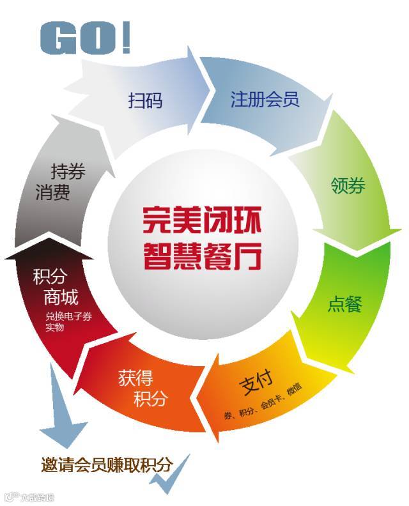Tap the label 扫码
coord(145,100)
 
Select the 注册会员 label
coord(265,100)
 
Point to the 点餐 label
coord(345,304)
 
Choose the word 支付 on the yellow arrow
coord(257,385)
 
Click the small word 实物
coord(55,328)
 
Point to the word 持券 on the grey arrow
coord(68,171)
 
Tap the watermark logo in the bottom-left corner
coord(29,496)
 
